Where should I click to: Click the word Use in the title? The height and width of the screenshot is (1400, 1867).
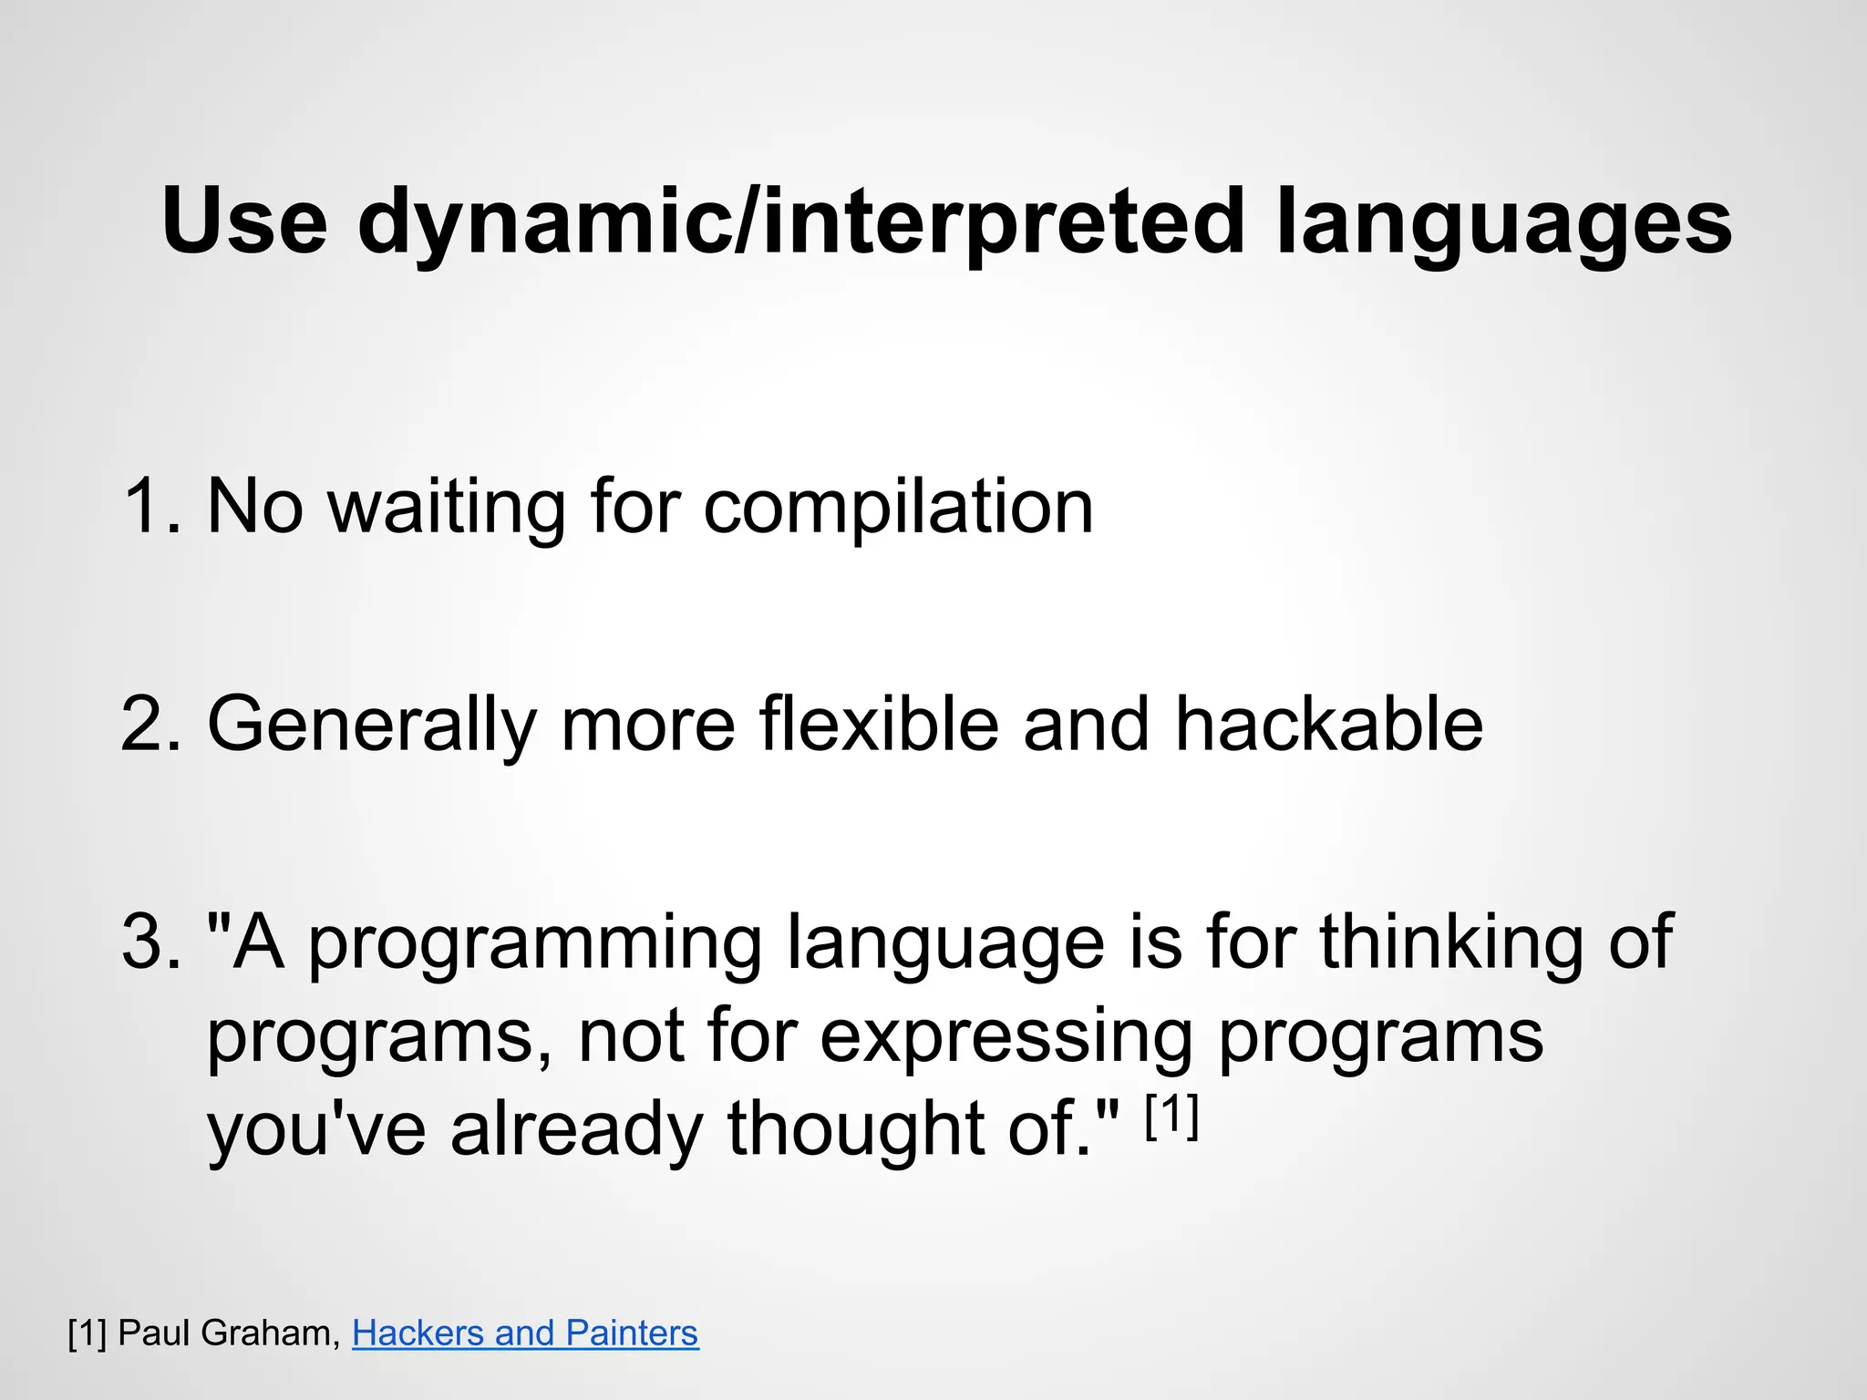click(244, 221)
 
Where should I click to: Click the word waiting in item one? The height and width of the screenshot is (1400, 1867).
click(447, 506)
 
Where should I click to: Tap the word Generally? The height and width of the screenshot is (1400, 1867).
click(372, 726)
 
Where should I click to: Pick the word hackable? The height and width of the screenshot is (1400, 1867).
click(1328, 724)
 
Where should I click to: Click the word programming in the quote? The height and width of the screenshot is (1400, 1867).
click(534, 945)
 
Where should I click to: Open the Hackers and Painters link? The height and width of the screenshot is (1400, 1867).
click(525, 1333)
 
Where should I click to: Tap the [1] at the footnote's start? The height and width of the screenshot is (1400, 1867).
click(88, 1333)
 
